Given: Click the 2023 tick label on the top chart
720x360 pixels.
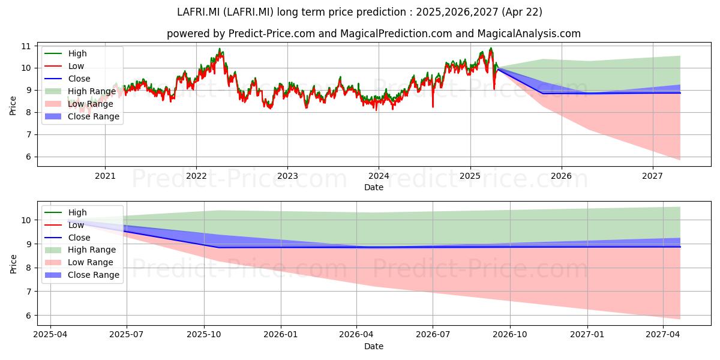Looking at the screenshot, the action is (x=287, y=176).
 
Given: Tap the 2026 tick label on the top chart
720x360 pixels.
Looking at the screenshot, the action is (x=562, y=176).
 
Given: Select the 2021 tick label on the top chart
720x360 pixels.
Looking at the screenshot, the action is (x=105, y=176).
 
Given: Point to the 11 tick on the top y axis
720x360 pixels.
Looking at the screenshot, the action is (x=26, y=46).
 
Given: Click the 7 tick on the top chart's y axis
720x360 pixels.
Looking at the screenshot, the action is (x=29, y=134).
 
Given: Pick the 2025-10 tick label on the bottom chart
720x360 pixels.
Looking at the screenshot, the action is (x=204, y=335).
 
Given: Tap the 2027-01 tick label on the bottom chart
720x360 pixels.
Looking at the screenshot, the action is (x=587, y=335).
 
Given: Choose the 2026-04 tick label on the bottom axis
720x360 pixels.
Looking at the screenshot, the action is (x=356, y=335).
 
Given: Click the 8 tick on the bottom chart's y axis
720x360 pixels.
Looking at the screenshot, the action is (x=29, y=268).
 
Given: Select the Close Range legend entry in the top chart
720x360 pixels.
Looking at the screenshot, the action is (x=82, y=116).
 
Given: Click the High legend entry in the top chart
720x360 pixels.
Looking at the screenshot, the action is (x=65, y=53).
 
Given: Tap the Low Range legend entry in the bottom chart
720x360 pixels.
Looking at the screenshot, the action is (x=79, y=262).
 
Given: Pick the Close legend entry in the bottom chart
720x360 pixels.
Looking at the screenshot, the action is (x=67, y=238).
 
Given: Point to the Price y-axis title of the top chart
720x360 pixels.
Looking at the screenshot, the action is (x=13, y=106).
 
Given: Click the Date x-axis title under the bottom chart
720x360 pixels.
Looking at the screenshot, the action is (x=373, y=346).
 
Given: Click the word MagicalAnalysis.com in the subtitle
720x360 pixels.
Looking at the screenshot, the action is (x=529, y=34).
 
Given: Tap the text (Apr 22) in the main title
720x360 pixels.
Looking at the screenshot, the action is (x=522, y=12).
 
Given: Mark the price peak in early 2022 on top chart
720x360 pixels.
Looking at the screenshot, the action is (x=220, y=49).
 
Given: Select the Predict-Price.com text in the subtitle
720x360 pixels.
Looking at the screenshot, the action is (x=271, y=34).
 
